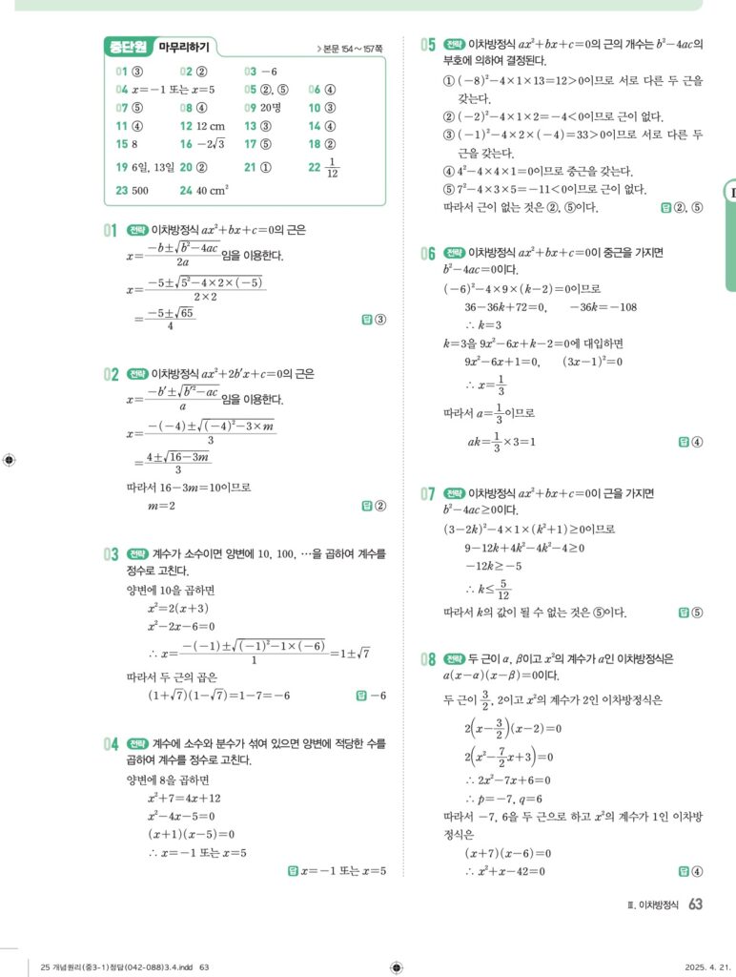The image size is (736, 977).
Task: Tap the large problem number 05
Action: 429,44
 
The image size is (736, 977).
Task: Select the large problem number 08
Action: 429,658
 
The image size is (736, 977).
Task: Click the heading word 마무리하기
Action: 188,46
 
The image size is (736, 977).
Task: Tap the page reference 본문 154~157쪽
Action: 350,48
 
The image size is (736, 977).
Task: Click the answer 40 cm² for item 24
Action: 207,191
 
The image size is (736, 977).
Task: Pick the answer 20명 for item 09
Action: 270,108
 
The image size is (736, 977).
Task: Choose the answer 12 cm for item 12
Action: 211,126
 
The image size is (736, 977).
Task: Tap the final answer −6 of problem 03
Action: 377,696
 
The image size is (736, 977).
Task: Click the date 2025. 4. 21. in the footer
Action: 707,967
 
